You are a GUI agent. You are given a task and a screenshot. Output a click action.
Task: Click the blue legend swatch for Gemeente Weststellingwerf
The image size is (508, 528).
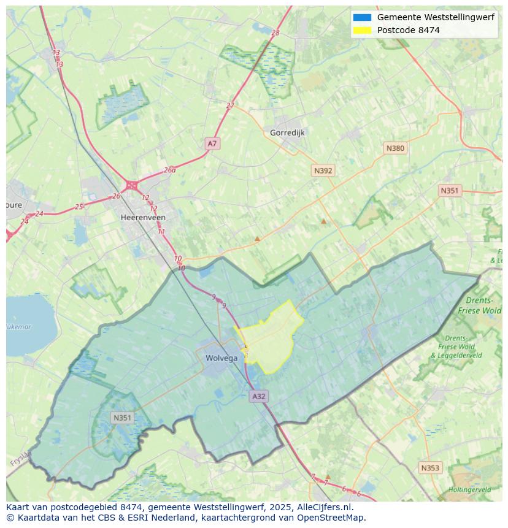tap(362, 18)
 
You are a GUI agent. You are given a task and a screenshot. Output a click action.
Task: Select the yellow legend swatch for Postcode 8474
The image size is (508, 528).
tap(362, 30)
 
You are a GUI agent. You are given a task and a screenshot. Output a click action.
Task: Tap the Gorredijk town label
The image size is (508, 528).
tap(287, 132)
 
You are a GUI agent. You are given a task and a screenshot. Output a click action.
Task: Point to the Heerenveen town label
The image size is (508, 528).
tap(143, 218)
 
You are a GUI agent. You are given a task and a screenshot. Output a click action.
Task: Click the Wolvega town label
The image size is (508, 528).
tap(221, 359)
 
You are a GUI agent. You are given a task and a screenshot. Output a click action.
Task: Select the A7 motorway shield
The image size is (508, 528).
tap(212, 143)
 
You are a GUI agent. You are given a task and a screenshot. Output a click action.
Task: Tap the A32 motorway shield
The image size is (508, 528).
tap(259, 396)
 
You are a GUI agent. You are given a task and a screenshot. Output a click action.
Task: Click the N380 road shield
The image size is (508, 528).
tap(395, 148)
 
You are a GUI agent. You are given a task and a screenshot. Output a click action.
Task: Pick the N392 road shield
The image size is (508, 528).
tap(323, 170)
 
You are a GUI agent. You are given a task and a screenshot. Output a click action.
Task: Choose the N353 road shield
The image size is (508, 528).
tap(430, 468)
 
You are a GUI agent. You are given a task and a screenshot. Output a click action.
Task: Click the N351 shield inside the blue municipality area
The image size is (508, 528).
tap(122, 418)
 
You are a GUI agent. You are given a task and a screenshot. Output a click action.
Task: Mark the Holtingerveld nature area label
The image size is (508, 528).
tap(469, 490)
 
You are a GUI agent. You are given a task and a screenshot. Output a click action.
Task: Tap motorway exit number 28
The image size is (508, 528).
tap(275, 33)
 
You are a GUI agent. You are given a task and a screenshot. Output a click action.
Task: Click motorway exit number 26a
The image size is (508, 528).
tap(170, 170)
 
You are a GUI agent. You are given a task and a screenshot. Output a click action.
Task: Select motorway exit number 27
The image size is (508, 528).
tap(230, 105)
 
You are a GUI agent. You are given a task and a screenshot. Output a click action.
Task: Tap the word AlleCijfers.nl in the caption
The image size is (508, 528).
tap(321, 508)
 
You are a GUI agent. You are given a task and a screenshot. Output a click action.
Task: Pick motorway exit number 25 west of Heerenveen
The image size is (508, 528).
tap(79, 207)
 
